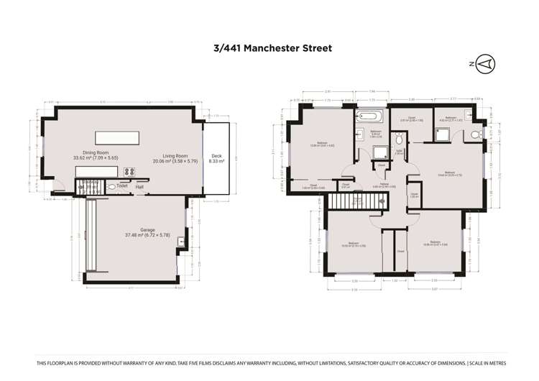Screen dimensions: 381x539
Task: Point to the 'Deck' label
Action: pos(216,156)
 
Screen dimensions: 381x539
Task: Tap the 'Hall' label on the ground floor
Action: pos(139,187)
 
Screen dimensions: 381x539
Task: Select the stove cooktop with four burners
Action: pos(131,172)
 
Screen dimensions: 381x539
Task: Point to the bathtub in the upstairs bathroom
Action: pos(370,116)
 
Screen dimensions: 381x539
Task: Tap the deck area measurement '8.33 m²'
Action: pos(216,162)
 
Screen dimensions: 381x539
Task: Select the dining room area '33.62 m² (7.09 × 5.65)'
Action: pos(95,158)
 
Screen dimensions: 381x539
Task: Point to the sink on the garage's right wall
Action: pos(180,242)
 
